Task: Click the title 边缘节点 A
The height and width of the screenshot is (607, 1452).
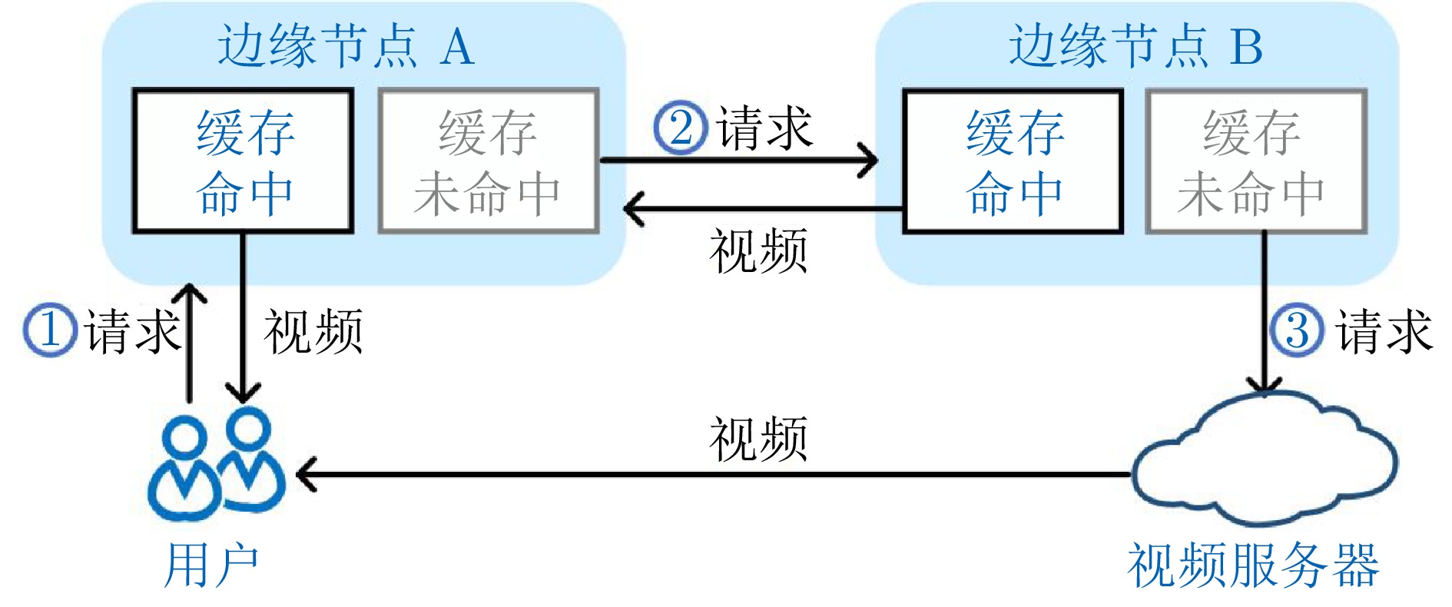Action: (x=346, y=45)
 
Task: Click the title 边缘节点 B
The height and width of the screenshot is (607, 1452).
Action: (x=1135, y=45)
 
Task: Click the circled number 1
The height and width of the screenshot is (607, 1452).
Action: (x=50, y=330)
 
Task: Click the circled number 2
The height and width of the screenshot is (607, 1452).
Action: (x=680, y=128)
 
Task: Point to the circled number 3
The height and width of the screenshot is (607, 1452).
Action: (x=1297, y=330)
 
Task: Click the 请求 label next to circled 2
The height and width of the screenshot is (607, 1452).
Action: (x=764, y=128)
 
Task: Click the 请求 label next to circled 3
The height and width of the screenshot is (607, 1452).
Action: (x=1385, y=331)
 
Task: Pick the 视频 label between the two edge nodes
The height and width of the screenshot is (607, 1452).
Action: (x=758, y=250)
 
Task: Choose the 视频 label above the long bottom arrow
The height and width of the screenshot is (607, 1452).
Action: (x=758, y=439)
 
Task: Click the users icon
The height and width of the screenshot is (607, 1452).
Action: (x=217, y=464)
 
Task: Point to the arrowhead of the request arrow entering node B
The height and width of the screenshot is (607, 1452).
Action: (x=870, y=161)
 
